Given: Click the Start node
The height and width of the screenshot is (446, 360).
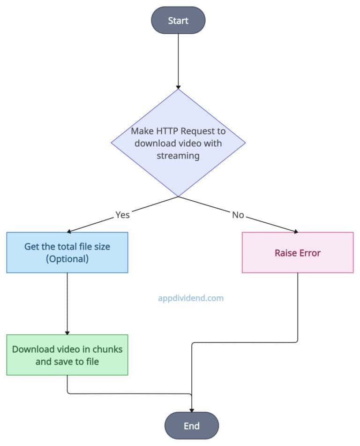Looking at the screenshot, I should click(x=178, y=21).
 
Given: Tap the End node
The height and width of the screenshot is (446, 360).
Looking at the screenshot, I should click(x=192, y=426).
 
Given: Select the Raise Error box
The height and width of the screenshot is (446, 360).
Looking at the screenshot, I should click(x=298, y=253).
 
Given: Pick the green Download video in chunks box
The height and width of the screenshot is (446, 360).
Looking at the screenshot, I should click(x=67, y=355).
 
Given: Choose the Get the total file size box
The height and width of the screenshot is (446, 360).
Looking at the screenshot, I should click(x=67, y=252).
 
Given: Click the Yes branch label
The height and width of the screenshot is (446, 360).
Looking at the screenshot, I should click(x=122, y=215).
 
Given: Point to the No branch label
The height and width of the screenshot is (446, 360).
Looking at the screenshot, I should click(x=238, y=215).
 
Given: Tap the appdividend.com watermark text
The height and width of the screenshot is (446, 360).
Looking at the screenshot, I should click(x=191, y=297).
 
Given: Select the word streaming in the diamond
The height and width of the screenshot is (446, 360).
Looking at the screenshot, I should click(x=178, y=156).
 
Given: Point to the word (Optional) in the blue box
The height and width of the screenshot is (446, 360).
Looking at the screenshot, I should click(x=67, y=258).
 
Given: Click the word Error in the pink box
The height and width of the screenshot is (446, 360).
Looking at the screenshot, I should click(x=310, y=253).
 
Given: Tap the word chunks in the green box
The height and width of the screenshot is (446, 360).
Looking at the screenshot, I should click(x=105, y=349).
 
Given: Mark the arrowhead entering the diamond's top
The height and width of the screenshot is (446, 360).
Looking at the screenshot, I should click(x=178, y=87).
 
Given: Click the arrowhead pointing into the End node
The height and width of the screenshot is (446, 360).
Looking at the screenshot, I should click(x=192, y=410).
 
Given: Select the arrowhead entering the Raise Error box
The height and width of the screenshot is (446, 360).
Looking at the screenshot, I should click(x=295, y=231).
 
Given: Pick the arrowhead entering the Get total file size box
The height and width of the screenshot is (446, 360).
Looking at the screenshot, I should click(x=70, y=231).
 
